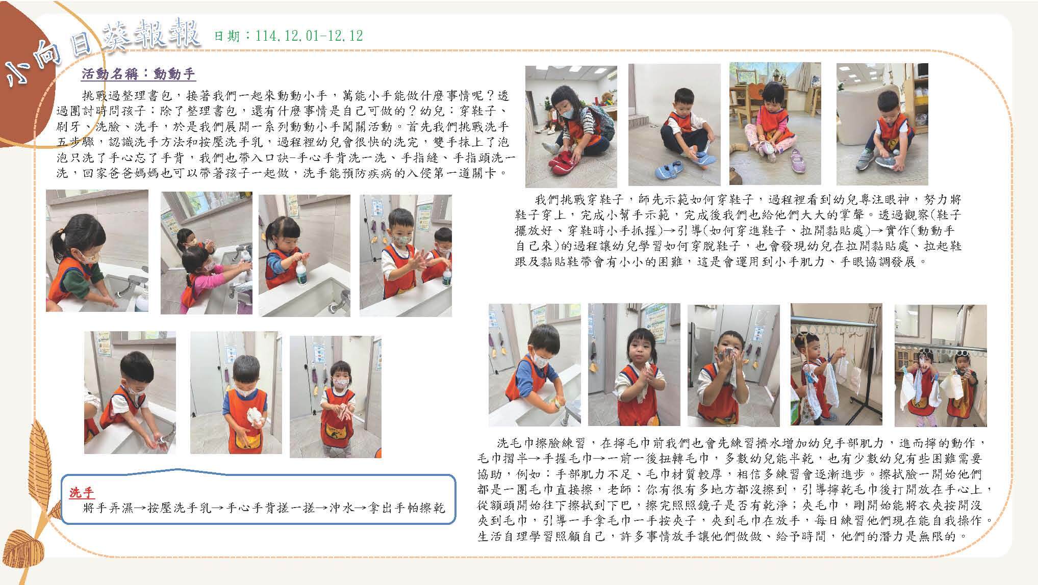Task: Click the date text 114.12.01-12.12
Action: (x=310, y=36)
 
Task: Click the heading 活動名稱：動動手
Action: (x=139, y=74)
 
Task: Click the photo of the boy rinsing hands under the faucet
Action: (x=130, y=392)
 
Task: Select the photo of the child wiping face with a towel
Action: (x=733, y=365)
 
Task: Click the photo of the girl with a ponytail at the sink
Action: (x=97, y=251)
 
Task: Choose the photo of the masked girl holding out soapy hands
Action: (x=335, y=397)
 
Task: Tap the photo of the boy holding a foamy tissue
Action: (x=236, y=392)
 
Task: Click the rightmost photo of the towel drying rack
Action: (x=941, y=366)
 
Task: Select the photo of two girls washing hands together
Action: (x=207, y=253)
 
